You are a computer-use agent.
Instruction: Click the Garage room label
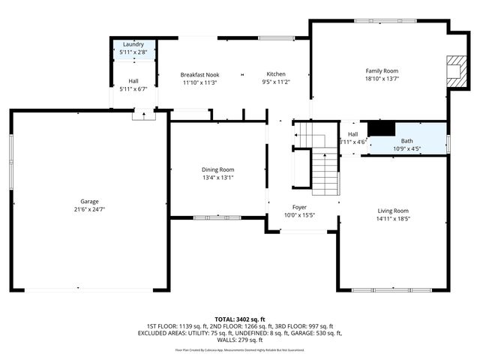tap(89, 201)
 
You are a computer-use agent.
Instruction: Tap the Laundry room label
tap(133, 45)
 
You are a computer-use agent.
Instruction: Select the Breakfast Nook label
tap(199, 74)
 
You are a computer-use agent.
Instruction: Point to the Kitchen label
tap(276, 74)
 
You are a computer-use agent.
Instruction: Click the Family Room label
tap(381, 70)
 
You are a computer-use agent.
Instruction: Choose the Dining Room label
tap(217, 169)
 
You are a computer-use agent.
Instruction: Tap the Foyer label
tap(299, 207)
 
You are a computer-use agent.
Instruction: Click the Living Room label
tap(392, 211)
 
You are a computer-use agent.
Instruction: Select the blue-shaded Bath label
tap(406, 141)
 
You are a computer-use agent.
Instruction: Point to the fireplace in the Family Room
tap(453, 70)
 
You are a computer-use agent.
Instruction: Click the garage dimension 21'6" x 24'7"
tap(89, 209)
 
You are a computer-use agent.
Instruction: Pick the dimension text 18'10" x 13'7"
tap(381, 79)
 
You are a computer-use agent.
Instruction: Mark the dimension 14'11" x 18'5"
tap(392, 219)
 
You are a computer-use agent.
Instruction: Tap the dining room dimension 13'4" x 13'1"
tap(217, 178)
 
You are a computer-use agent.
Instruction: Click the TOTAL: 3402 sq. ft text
tap(240, 319)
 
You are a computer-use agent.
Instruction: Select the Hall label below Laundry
tap(133, 81)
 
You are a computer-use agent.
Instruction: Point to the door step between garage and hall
tap(139, 115)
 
